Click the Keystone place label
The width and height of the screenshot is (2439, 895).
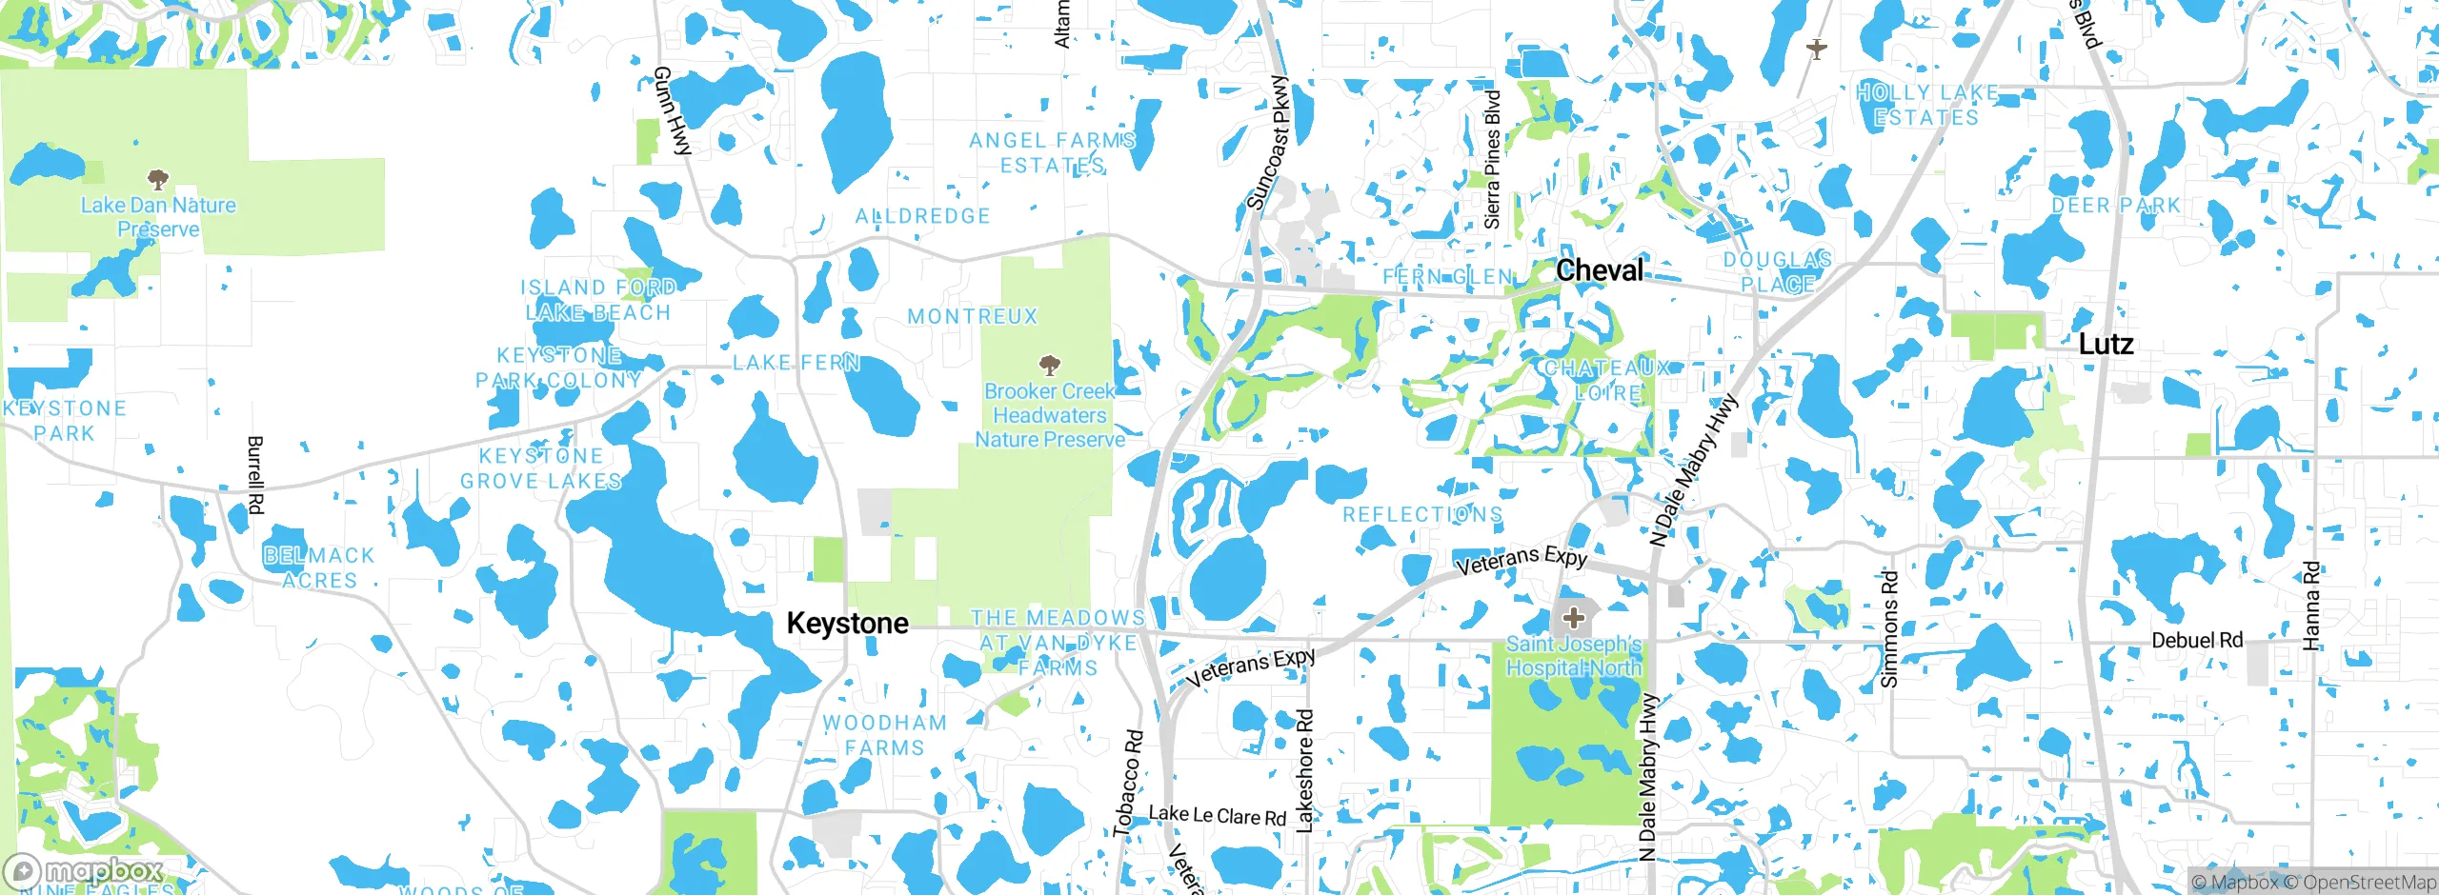847,624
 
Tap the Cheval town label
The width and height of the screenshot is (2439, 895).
1600,270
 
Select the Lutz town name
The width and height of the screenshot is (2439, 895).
2105,344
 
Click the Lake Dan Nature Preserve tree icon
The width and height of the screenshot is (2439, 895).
158,179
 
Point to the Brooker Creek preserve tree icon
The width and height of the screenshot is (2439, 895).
1050,366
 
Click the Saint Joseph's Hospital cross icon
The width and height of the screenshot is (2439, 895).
1574,618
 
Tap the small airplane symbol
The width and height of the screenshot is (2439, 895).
1817,49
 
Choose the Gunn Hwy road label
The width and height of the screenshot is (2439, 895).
673,110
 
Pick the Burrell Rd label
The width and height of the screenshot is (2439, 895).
255,475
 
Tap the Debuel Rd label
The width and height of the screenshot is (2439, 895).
2197,641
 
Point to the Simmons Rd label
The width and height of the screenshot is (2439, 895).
1890,628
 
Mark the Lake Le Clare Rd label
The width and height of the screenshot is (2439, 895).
1217,816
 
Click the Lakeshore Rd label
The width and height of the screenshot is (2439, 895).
1305,771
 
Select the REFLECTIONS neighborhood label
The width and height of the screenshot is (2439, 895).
1422,515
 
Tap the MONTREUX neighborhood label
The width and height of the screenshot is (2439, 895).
972,317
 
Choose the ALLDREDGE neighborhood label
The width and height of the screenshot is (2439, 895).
922,217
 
